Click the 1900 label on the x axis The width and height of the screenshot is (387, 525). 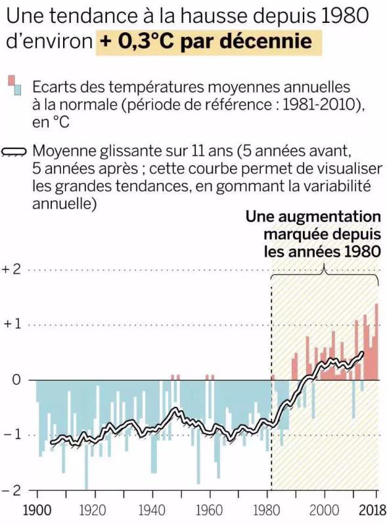(37, 511)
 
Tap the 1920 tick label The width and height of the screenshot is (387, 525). (93, 511)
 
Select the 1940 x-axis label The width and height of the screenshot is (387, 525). (152, 511)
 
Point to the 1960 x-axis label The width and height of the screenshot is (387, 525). (209, 511)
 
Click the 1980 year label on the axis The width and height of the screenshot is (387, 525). (267, 511)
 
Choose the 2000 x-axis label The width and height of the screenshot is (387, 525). (325, 511)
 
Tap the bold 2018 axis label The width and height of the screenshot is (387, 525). (373, 511)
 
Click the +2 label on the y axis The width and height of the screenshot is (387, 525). (12, 269)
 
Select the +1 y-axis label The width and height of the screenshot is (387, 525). (12, 324)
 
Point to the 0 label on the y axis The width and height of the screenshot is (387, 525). (16, 380)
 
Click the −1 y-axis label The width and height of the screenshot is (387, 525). (12, 435)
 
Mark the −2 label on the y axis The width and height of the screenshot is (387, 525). (12, 490)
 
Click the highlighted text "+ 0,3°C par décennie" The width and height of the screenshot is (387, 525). (206, 41)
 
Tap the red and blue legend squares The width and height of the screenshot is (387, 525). (15, 85)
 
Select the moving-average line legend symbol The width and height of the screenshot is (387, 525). (14, 152)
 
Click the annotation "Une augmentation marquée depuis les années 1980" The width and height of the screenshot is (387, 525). (313, 234)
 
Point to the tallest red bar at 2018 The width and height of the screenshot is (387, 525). (376, 341)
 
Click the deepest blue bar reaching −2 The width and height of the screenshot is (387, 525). (86, 434)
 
